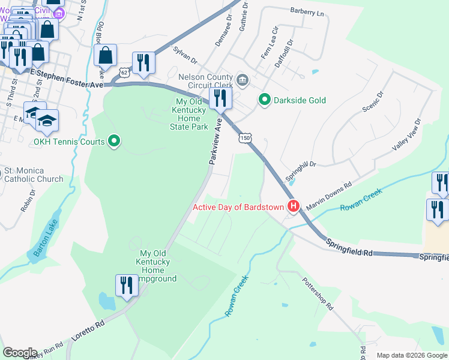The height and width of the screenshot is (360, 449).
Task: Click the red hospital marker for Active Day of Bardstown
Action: coord(294,207)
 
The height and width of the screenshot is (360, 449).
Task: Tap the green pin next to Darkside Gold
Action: coord(263,100)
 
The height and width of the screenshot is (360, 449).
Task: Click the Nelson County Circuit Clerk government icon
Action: coord(243,79)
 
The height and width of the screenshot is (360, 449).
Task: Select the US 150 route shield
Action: coord(244,139)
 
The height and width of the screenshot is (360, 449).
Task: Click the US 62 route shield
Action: coord(124,72)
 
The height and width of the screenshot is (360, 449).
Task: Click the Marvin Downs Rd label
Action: coord(328,197)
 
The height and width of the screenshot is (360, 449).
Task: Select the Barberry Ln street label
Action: coord(307,12)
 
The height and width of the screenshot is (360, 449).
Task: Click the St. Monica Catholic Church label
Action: coord(34,175)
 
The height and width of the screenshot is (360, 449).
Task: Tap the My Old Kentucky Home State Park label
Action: coord(190,114)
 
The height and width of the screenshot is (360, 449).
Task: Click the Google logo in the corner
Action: coord(19,352)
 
